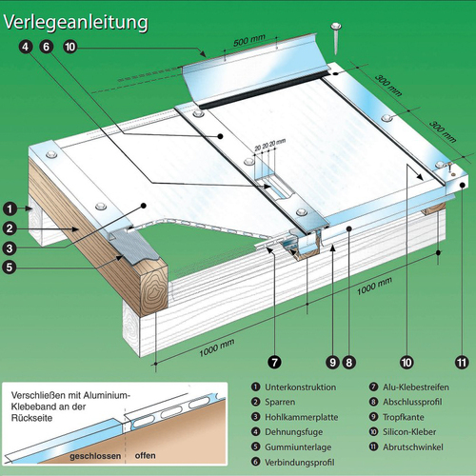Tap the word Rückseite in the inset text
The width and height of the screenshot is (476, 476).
(38, 423)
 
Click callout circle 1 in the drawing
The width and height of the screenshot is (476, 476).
(9, 207)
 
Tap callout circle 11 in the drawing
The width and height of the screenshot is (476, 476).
(462, 361)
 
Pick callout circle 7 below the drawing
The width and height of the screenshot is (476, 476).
(273, 361)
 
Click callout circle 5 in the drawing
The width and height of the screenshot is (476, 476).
(9, 268)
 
